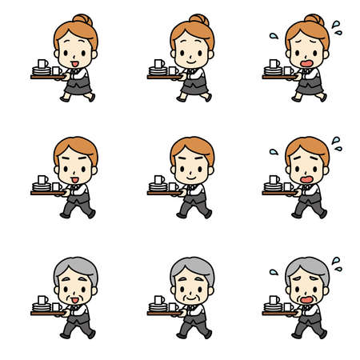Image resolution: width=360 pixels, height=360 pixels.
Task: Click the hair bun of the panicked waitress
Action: click(x=314, y=19)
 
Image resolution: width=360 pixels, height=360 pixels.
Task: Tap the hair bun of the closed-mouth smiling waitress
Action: click(x=198, y=19)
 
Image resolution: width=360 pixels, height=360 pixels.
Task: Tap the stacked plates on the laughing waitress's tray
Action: click(x=41, y=72)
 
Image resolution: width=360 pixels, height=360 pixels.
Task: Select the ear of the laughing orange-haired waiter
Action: click(x=94, y=173)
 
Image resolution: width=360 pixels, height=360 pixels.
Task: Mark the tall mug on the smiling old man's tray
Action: click(x=158, y=300)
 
